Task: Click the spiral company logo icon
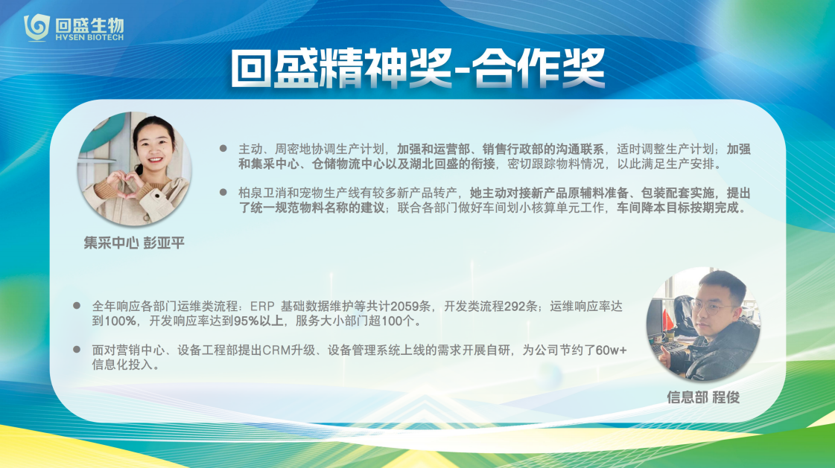[36, 27]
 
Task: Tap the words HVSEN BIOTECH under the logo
[89, 38]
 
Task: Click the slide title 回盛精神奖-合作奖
[417, 68]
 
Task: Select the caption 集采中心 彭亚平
[134, 243]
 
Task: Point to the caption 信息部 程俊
[703, 397]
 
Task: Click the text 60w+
[612, 350]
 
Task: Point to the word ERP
[262, 307]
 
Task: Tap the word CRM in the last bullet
[276, 350]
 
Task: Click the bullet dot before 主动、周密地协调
[223, 148]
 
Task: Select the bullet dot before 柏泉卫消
[223, 192]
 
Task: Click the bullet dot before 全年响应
[77, 306]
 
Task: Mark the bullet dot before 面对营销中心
[77, 350]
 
